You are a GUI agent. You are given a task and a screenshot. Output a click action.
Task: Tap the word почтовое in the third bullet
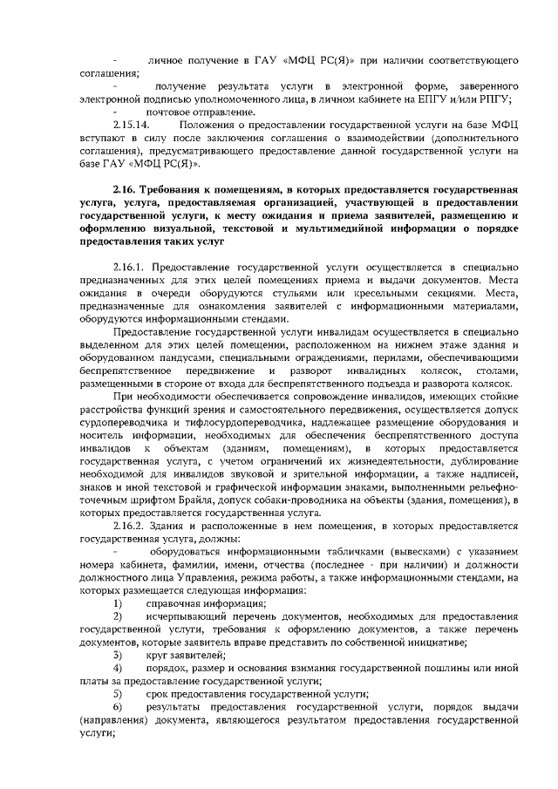pyautogui.click(x=169, y=112)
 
